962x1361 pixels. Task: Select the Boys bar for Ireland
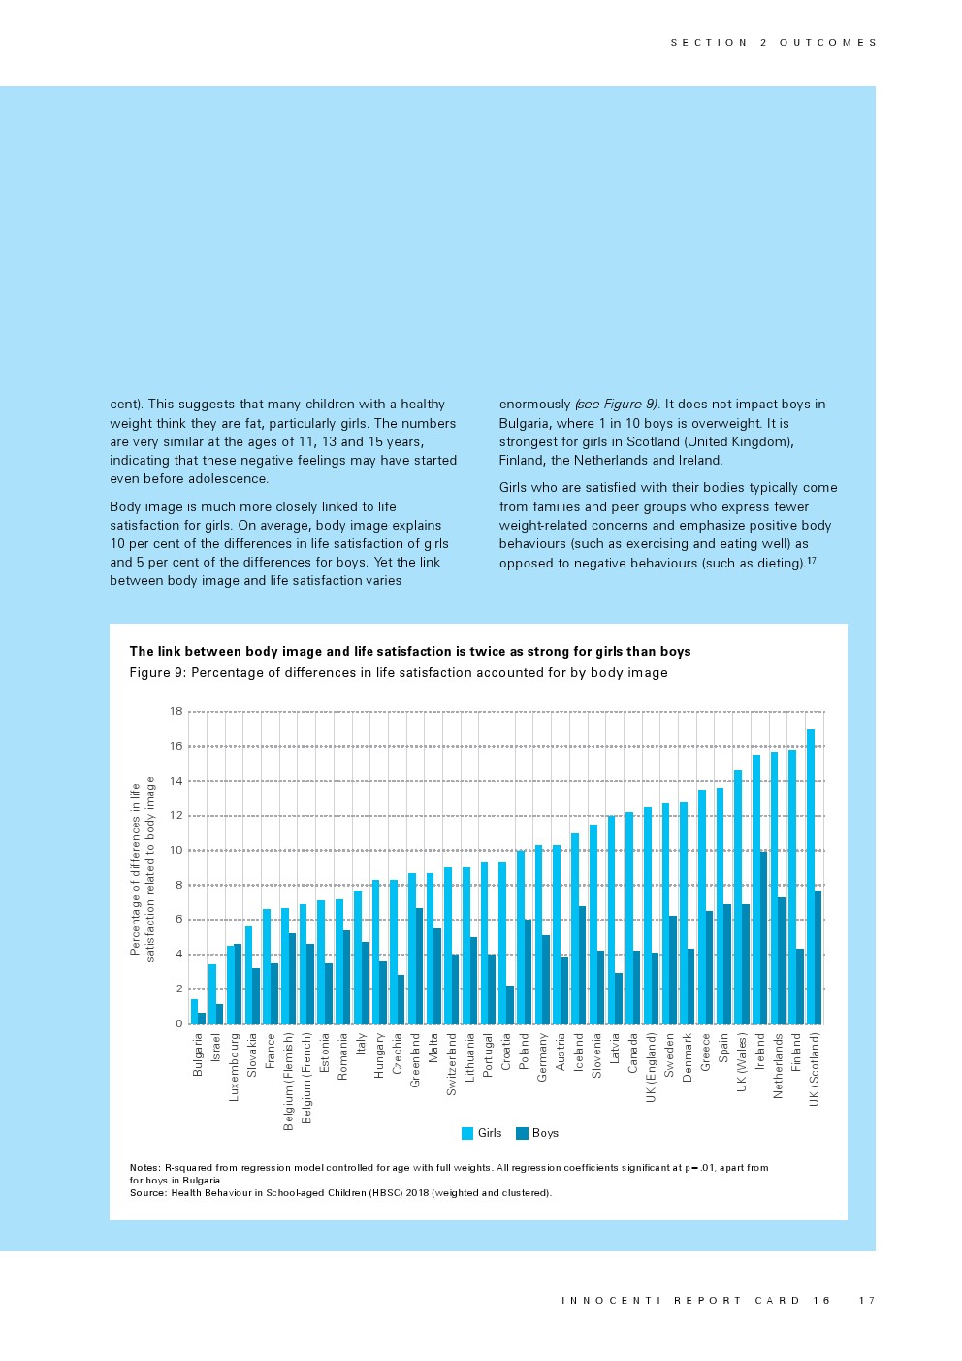763,937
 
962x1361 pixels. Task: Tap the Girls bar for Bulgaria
194,1011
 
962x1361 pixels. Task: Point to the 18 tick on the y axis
176,711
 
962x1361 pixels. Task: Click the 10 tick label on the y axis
176,850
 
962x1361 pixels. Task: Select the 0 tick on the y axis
178,1023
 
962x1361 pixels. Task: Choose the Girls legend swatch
467,1133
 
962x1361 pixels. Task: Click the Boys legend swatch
522,1133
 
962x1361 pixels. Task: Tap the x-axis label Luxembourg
234,1066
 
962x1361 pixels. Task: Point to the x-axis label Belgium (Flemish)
288,1081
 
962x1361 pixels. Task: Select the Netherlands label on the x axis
778,1065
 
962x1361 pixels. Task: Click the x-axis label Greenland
415,1059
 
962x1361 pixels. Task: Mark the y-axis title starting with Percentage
143,869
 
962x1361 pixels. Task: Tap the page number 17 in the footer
866,1300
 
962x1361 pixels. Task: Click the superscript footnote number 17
812,560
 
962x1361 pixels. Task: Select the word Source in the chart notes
147,1192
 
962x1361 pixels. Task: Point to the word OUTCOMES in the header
828,43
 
